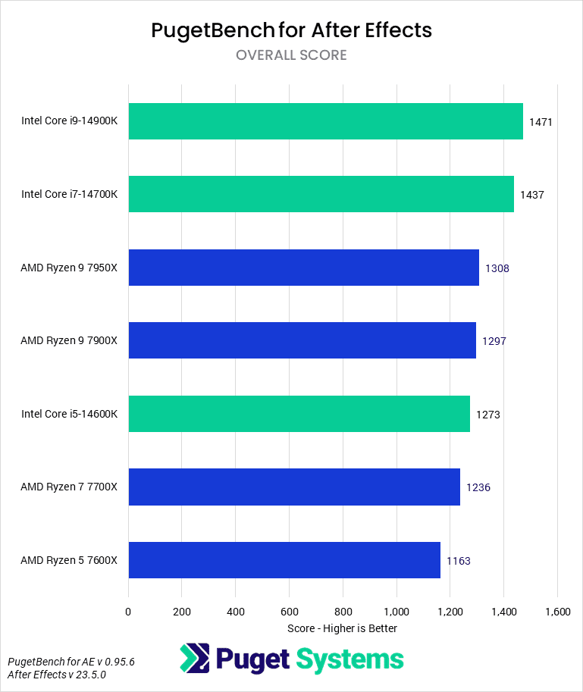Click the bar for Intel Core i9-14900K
326,121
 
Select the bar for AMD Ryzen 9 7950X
303,268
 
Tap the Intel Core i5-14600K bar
299,414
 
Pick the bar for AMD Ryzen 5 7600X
284,560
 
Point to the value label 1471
541,122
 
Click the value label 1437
532,195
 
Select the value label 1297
494,341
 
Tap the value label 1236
478,487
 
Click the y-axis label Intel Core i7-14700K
70,195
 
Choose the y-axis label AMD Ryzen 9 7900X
69,341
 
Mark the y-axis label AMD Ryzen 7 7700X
69,487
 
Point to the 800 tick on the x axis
343,611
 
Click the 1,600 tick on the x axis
557,611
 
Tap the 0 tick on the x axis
128,611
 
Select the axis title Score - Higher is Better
343,628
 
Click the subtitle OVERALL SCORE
291,55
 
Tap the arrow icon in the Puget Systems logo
194,659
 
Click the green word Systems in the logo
349,659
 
